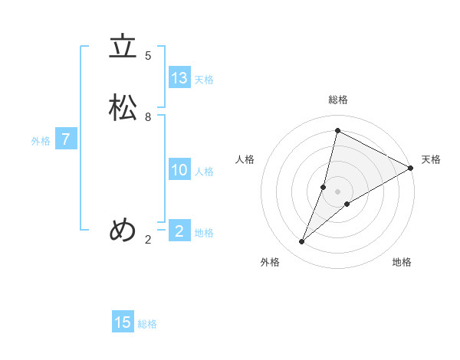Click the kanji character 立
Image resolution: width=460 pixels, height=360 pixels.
(123, 47)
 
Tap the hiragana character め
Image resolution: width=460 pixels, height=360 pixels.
(123, 230)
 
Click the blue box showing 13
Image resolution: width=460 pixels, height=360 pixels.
(179, 78)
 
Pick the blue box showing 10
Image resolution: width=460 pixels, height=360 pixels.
(179, 170)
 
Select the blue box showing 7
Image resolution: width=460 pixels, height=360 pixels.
(66, 139)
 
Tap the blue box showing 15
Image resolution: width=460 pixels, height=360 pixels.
(123, 322)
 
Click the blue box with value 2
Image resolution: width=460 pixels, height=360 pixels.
(179, 231)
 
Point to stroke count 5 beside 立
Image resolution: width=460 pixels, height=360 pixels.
(148, 56)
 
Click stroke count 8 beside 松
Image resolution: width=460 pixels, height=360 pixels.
(148, 117)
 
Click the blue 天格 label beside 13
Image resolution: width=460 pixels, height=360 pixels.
(204, 80)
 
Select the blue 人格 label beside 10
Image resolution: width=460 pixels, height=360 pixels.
(204, 172)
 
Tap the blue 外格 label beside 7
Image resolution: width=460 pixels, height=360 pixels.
(41, 141)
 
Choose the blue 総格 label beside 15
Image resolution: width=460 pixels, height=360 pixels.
(147, 324)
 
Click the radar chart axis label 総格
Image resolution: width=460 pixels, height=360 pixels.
(338, 100)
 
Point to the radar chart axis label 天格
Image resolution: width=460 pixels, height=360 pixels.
(431, 159)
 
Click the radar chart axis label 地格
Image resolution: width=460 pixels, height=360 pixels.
(402, 262)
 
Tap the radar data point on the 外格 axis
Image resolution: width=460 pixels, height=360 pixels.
(302, 242)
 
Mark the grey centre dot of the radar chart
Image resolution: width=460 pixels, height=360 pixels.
(338, 191)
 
